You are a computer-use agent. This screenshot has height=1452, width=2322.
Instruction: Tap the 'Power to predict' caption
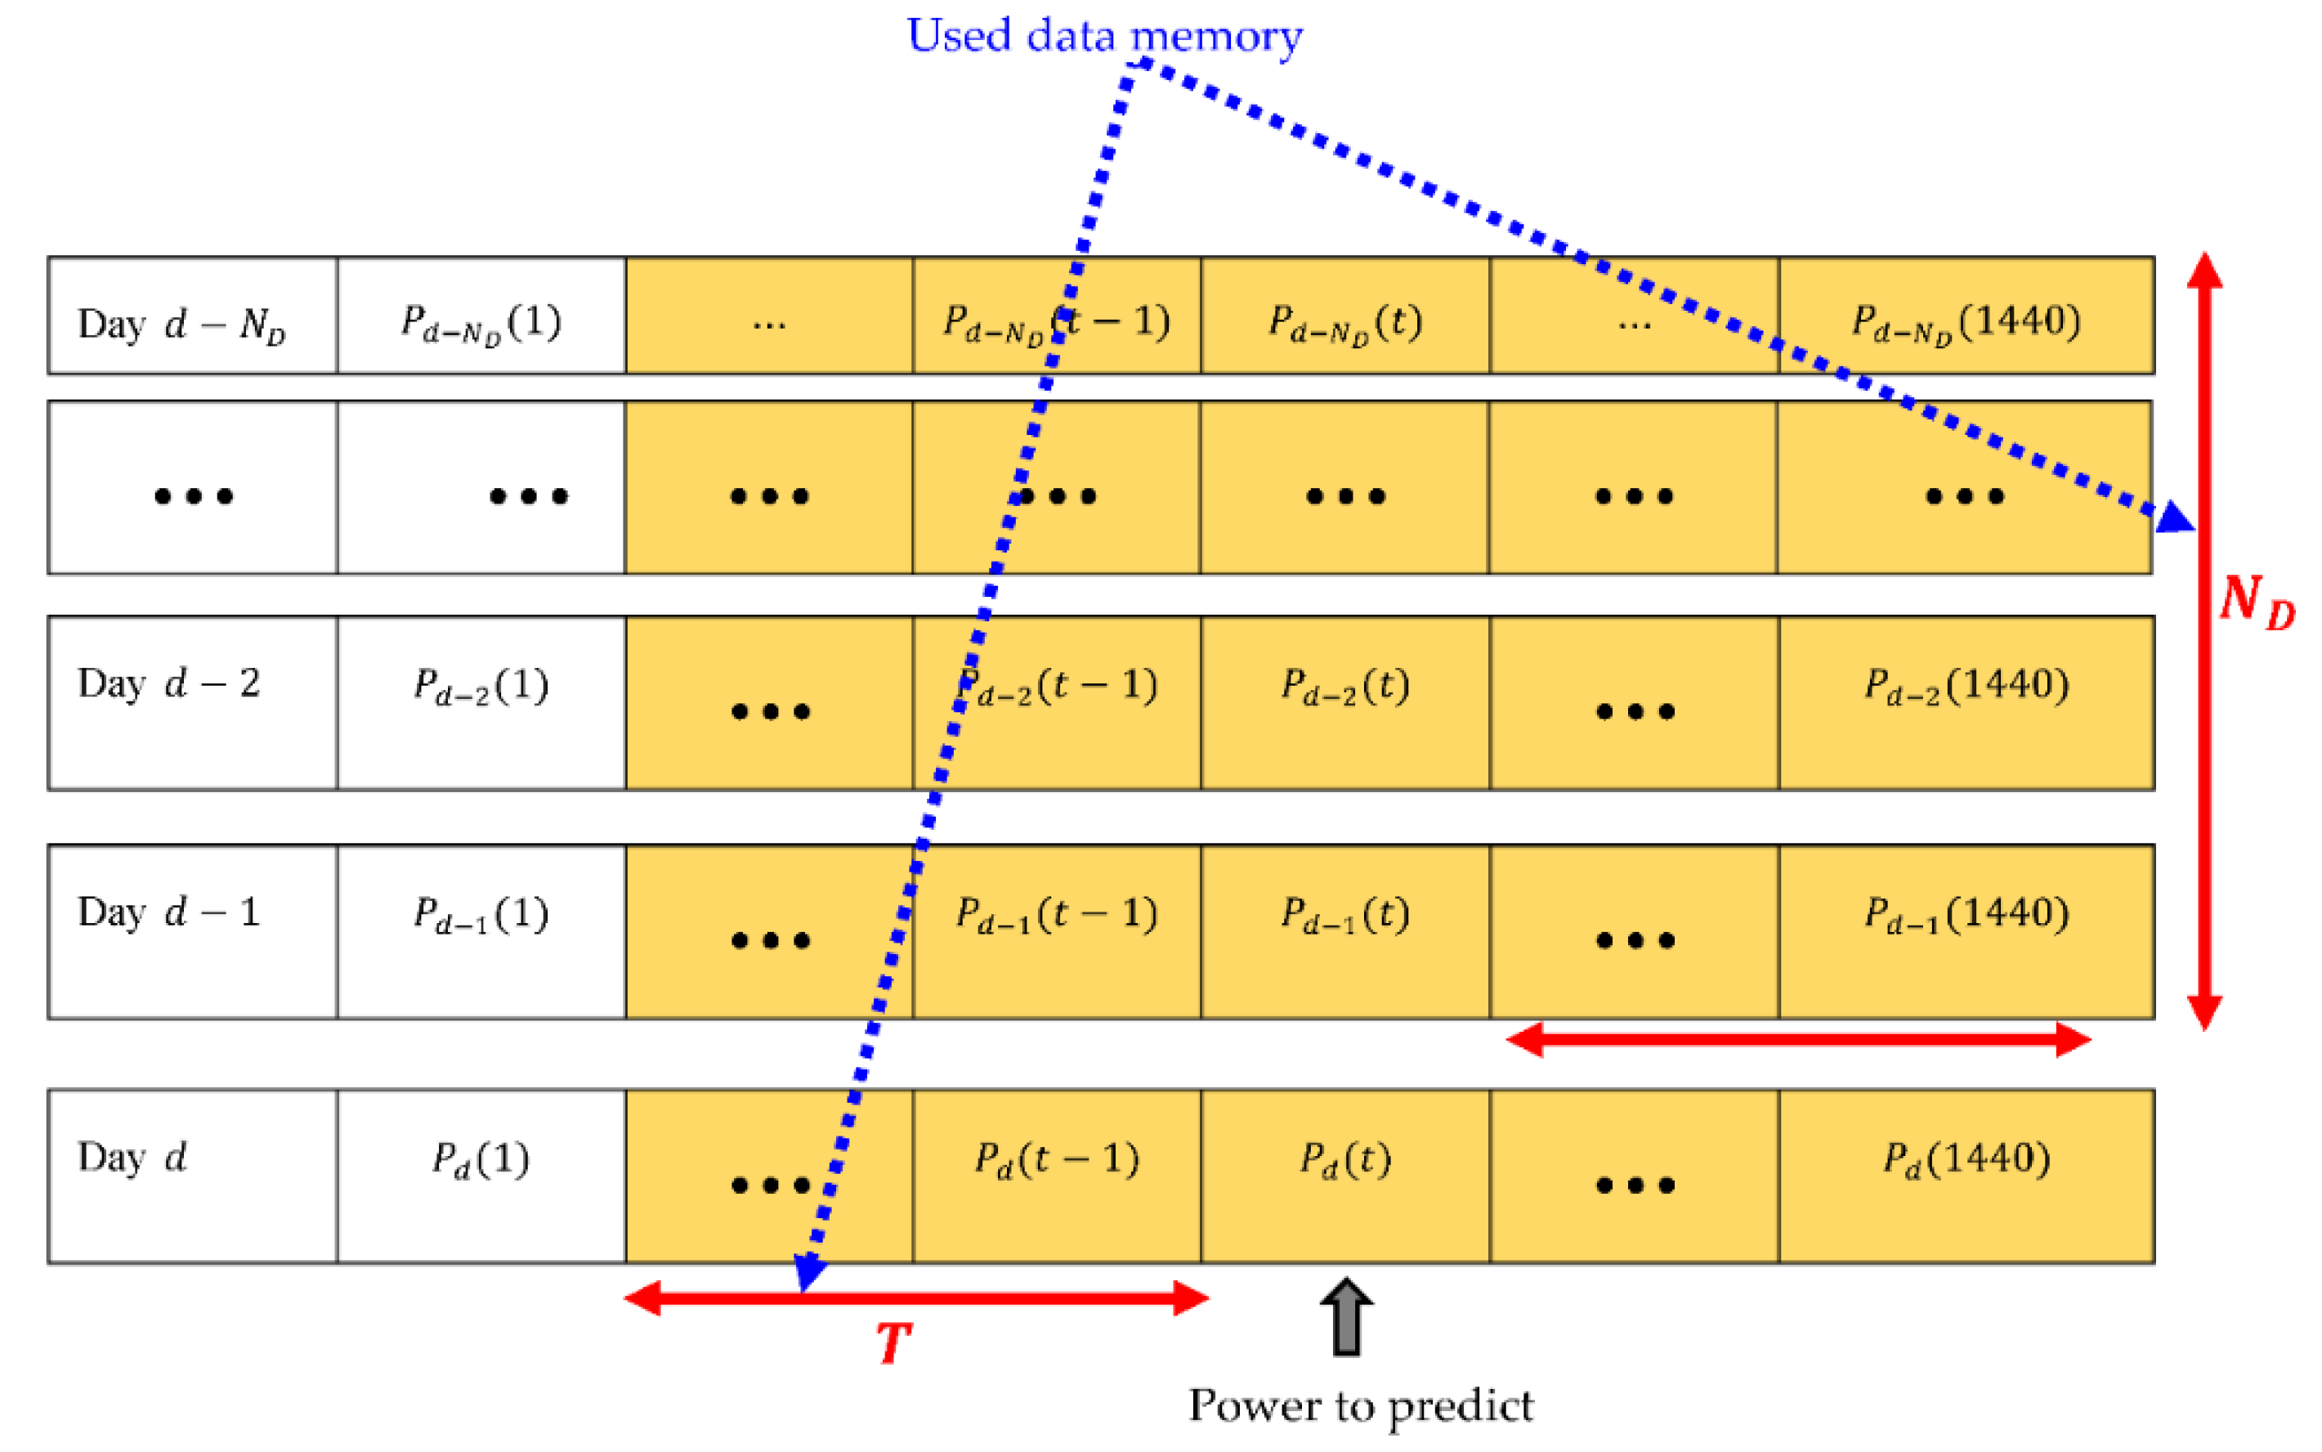point(1360,1407)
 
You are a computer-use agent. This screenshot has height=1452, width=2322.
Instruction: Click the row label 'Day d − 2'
point(169,683)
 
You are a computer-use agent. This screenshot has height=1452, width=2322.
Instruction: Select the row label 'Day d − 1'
point(169,912)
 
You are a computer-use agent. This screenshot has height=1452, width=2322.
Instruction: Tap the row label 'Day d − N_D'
point(181,325)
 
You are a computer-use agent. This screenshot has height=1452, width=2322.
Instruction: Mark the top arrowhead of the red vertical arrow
point(2204,271)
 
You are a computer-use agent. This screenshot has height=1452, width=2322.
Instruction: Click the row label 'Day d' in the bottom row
point(132,1158)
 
